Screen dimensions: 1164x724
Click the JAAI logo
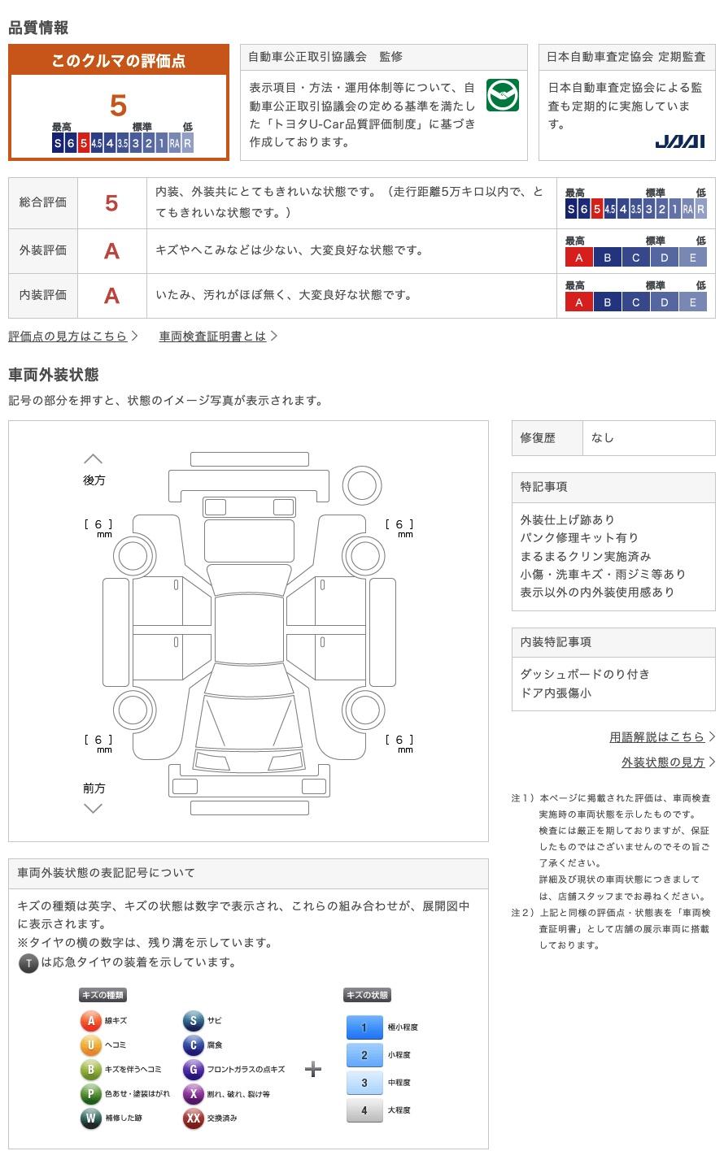(679, 141)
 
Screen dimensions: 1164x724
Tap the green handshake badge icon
(502, 95)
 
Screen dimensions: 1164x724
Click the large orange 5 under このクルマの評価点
(119, 106)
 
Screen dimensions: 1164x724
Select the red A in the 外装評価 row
(111, 251)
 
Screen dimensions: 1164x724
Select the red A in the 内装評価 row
(111, 295)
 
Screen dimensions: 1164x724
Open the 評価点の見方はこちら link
(68, 336)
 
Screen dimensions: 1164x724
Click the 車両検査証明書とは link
(213, 336)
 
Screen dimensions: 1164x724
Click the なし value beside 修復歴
(603, 437)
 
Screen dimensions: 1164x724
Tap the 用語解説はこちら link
(657, 736)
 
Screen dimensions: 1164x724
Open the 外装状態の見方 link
(663, 762)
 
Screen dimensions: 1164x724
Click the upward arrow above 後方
(94, 459)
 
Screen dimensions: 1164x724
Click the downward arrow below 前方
(94, 808)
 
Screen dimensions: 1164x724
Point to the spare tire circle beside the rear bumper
(362, 485)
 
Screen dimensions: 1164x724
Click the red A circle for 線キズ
(90, 1021)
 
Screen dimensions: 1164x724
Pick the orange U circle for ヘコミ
(90, 1045)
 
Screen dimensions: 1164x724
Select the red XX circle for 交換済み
(193, 1118)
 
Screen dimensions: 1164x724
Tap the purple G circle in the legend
(193, 1070)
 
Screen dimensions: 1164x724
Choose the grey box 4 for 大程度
(364, 1110)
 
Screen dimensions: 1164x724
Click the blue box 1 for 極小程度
(364, 1027)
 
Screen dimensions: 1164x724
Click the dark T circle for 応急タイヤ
(28, 963)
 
